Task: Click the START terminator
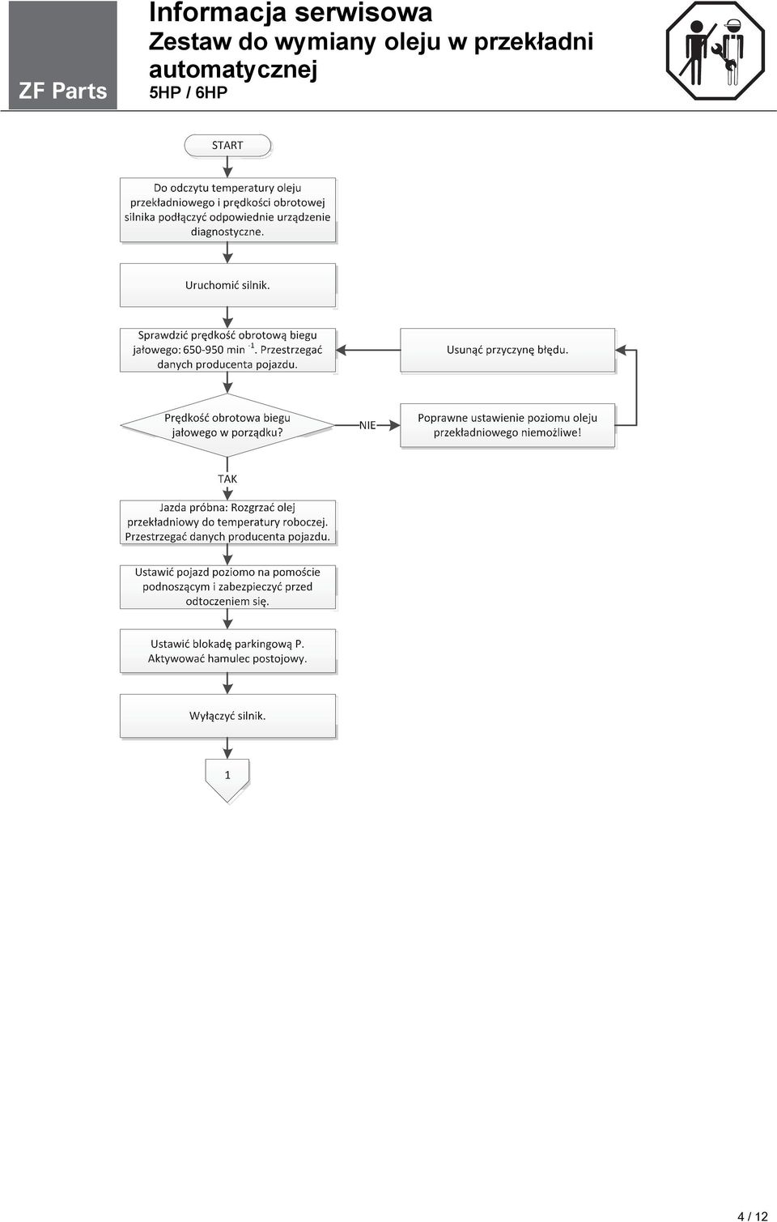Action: pyautogui.click(x=227, y=146)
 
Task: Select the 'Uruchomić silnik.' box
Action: pyautogui.click(x=227, y=285)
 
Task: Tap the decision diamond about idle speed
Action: pyautogui.click(x=227, y=425)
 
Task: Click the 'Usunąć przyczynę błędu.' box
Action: pyautogui.click(x=507, y=350)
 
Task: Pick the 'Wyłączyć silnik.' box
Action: pyautogui.click(x=227, y=717)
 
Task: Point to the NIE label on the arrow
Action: pyautogui.click(x=367, y=425)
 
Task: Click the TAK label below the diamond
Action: pyautogui.click(x=227, y=479)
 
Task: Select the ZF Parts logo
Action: pyautogui.click(x=62, y=54)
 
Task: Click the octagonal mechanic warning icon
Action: pyautogui.click(x=715, y=51)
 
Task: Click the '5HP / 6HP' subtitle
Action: pyautogui.click(x=188, y=92)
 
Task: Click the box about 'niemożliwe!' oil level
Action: pyautogui.click(x=507, y=425)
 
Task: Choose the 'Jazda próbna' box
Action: pyautogui.click(x=227, y=522)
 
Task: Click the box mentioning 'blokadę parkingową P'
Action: pyautogui.click(x=227, y=651)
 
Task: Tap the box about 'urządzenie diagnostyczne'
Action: pyautogui.click(x=227, y=210)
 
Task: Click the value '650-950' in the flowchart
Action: pyautogui.click(x=203, y=350)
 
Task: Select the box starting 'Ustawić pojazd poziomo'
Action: pyautogui.click(x=227, y=587)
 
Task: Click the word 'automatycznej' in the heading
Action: pyautogui.click(x=233, y=70)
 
